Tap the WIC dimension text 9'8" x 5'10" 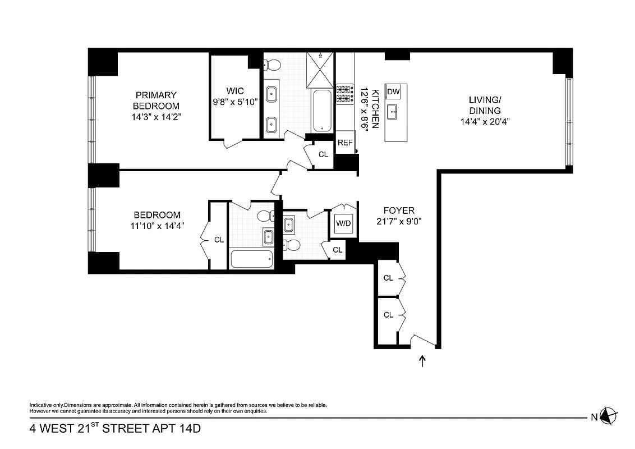pyautogui.click(x=234, y=102)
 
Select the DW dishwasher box pyautogui.click(x=393, y=92)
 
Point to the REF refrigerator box pyautogui.click(x=345, y=143)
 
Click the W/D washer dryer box pyautogui.click(x=343, y=224)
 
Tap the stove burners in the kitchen pyautogui.click(x=343, y=94)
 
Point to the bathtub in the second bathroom pyautogui.click(x=251, y=259)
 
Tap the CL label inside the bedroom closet pyautogui.click(x=219, y=240)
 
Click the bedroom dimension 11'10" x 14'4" pyautogui.click(x=157, y=225)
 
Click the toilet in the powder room pyautogui.click(x=291, y=244)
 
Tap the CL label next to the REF pyautogui.click(x=323, y=154)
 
